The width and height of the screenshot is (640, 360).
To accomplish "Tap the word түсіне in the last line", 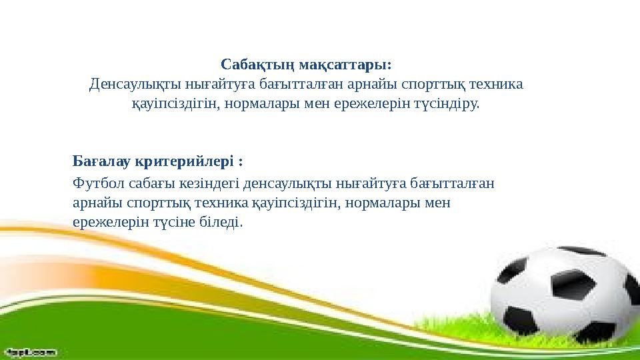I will [x=176, y=221].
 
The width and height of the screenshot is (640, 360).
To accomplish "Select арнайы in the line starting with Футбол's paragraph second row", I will [x=93, y=202].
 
